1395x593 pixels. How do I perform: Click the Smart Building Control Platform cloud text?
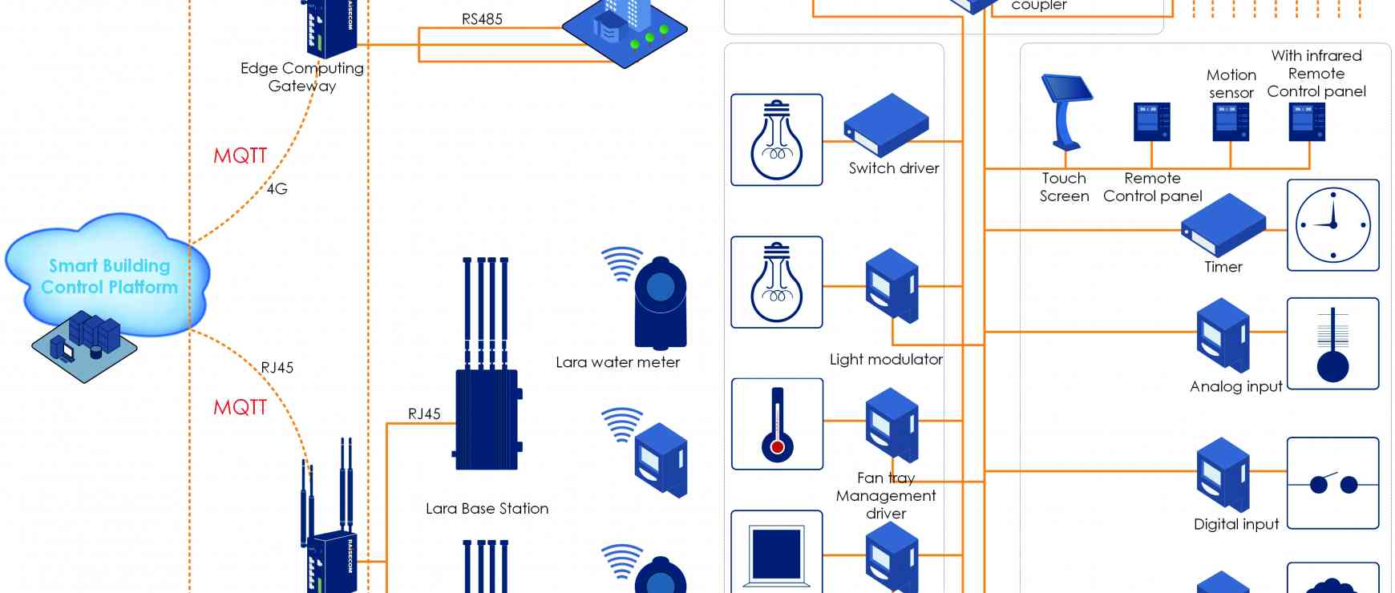[109, 276]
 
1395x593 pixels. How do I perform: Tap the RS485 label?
[482, 19]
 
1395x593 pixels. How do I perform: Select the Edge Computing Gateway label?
[302, 77]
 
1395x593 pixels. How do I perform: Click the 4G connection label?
[277, 189]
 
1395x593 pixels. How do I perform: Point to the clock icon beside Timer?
[1332, 225]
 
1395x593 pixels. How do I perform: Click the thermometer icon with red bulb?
[777, 424]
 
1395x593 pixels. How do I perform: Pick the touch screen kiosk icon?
[1066, 111]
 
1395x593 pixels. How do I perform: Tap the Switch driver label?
[894, 168]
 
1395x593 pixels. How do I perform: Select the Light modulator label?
[886, 360]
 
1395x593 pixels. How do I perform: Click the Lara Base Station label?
[487, 509]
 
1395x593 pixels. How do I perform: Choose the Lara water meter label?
[617, 362]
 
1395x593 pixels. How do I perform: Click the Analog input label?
[1236, 386]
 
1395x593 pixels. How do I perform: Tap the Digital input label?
[1236, 524]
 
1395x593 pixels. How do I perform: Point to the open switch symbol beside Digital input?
[1332, 483]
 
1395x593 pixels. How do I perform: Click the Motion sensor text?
[1231, 83]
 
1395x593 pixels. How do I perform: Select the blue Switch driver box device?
[886, 125]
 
